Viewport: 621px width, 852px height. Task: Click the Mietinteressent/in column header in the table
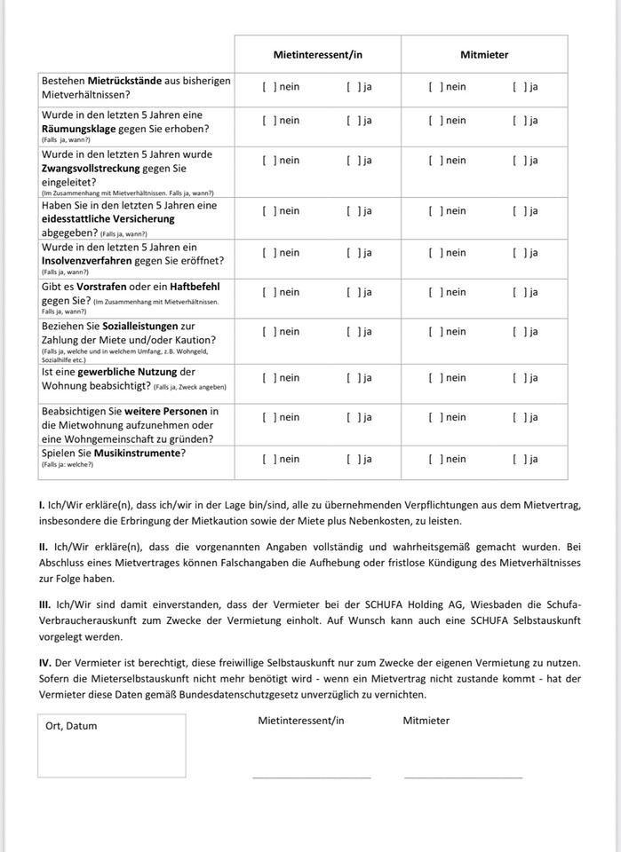(x=317, y=55)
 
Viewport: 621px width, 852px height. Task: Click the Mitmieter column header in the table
(x=484, y=55)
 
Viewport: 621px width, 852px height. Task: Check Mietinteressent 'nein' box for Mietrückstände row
(x=268, y=87)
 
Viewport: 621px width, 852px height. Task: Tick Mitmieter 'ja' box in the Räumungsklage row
(x=518, y=121)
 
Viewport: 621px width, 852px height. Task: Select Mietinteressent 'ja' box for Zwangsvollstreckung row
(x=353, y=161)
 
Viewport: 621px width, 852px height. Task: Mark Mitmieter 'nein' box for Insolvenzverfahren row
(x=434, y=253)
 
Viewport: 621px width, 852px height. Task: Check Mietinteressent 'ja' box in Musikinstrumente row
(x=353, y=460)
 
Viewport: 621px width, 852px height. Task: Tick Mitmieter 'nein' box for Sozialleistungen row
(x=434, y=332)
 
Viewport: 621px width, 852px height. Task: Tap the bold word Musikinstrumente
(x=134, y=453)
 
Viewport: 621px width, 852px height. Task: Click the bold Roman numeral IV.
(x=44, y=663)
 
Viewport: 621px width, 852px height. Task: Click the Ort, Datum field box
(x=111, y=745)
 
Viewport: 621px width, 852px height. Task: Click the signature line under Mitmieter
(x=463, y=777)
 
